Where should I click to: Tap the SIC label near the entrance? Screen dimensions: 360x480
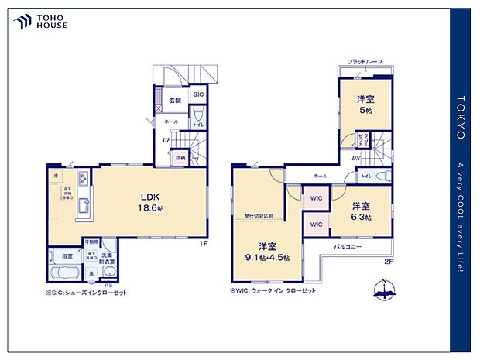pos(197,95)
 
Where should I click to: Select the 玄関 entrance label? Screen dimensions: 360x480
pos(175,100)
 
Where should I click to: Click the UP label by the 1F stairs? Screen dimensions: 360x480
pos(166,140)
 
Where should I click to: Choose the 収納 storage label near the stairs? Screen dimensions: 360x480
pos(180,157)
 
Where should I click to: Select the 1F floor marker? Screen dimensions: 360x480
pos(203,244)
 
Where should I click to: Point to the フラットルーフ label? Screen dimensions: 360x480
pos(364,61)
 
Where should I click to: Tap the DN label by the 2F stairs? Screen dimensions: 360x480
pos(355,159)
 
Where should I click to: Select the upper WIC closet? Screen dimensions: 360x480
pos(315,198)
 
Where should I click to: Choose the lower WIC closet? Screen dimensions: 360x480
pos(315,225)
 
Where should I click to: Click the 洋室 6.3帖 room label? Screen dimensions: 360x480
pos(361,211)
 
